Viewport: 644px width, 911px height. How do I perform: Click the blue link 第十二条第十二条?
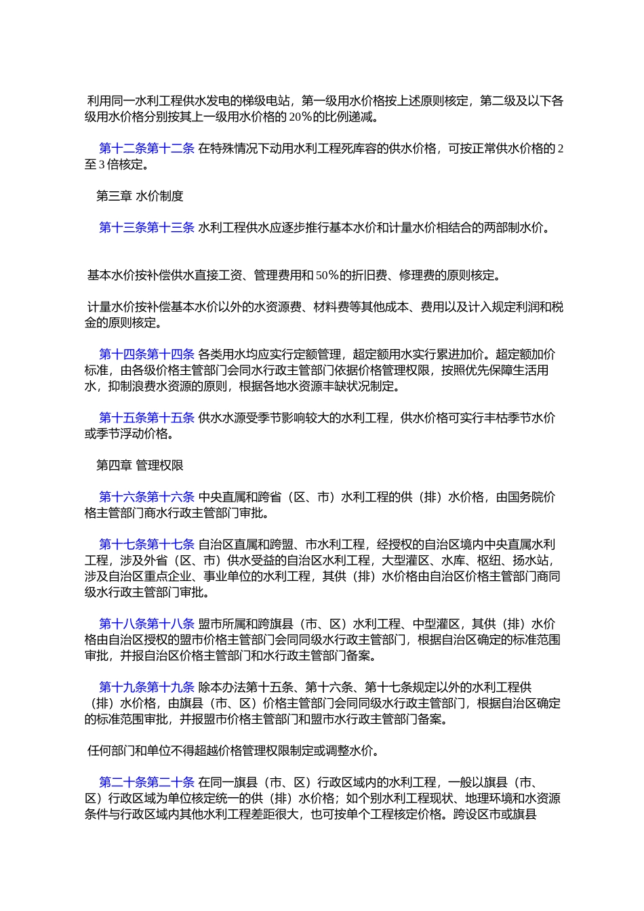146,148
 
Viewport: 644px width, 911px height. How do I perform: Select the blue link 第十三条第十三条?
146,228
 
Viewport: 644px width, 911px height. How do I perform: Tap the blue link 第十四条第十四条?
146,355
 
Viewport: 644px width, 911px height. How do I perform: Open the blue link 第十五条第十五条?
146,418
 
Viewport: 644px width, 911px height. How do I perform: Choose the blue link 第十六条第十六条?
146,498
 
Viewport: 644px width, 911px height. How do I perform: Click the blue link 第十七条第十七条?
146,545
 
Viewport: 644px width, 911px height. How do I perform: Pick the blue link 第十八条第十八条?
146,624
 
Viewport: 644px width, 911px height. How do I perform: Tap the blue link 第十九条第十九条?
146,688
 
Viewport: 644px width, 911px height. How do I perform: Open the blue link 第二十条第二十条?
146,783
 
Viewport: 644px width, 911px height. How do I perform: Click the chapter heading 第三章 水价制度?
140,197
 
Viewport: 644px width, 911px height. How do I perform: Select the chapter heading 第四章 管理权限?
140,466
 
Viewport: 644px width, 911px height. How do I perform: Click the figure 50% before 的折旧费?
327,275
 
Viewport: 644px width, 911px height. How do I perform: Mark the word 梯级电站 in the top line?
265,102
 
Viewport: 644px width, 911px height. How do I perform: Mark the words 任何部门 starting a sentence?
111,751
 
